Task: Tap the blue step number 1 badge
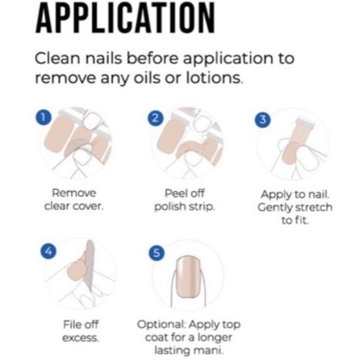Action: (43, 117)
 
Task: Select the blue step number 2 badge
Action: (155, 118)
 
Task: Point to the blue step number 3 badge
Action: (263, 119)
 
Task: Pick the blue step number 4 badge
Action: (48, 251)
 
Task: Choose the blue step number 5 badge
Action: (156, 253)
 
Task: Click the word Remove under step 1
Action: (74, 193)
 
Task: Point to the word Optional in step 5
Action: (161, 325)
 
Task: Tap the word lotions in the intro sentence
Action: (214, 78)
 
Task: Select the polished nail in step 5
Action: (189, 277)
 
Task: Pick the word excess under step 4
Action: (80, 338)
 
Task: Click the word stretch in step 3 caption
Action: (313, 207)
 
